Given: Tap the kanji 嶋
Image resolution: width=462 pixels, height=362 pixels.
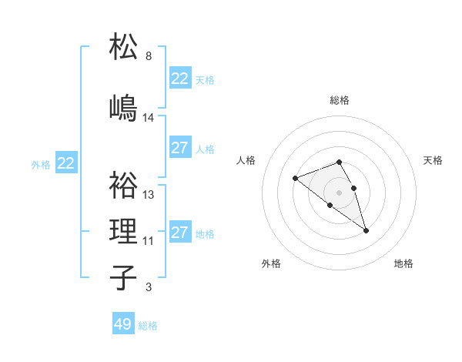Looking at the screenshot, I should coord(124,107).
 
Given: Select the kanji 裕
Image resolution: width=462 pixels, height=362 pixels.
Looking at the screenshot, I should coord(124,184).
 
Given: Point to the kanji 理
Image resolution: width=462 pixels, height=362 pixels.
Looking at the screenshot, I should coord(124,230).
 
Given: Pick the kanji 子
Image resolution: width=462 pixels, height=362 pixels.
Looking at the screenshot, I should coord(124,277).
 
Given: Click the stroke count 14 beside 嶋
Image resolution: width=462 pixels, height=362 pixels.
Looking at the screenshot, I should coord(149,118).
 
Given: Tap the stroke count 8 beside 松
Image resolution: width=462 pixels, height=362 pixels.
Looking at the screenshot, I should coord(149,56).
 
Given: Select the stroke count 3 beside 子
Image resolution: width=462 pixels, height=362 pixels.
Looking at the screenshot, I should coord(149,287).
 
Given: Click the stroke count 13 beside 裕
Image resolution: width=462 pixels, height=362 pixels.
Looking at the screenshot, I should coord(149,195).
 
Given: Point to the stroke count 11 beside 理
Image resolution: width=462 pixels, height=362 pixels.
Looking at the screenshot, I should coord(149,241).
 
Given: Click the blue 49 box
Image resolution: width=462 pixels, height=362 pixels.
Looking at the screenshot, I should coord(123,324).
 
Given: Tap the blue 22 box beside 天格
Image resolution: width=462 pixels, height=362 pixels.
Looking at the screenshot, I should coord(180,79).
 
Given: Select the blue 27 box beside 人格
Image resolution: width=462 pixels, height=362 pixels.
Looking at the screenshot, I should coord(180,148).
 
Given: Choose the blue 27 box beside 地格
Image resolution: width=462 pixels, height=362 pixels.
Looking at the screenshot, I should coord(180,233).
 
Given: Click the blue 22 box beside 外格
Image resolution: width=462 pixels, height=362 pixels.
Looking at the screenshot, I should coord(66,163).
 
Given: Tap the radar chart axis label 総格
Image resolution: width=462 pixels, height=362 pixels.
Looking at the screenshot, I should coord(340,100).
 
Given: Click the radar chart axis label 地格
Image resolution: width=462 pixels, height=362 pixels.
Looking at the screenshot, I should coord(403,263).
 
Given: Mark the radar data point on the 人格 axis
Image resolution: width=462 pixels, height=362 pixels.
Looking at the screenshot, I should coord(295,179).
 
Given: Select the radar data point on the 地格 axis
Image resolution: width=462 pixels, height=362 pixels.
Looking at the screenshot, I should coord(367,230).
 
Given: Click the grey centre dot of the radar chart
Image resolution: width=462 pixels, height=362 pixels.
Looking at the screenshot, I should coord(340,192).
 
